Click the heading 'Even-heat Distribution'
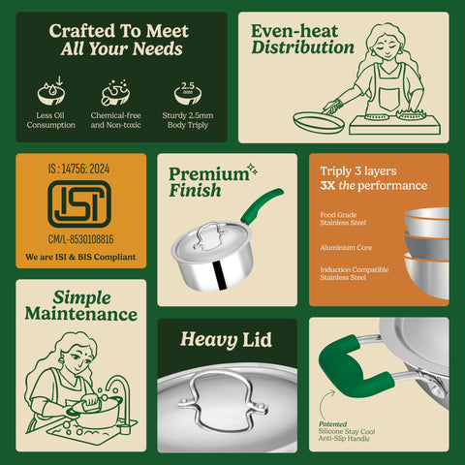pyautogui.click(x=302, y=40)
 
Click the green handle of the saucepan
pyautogui.click(x=261, y=205)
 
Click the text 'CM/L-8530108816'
pyautogui.click(x=81, y=238)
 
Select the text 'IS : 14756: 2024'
pyautogui.click(x=81, y=166)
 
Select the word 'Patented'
pyautogui.click(x=332, y=424)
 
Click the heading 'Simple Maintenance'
pyautogui.click(x=81, y=305)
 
